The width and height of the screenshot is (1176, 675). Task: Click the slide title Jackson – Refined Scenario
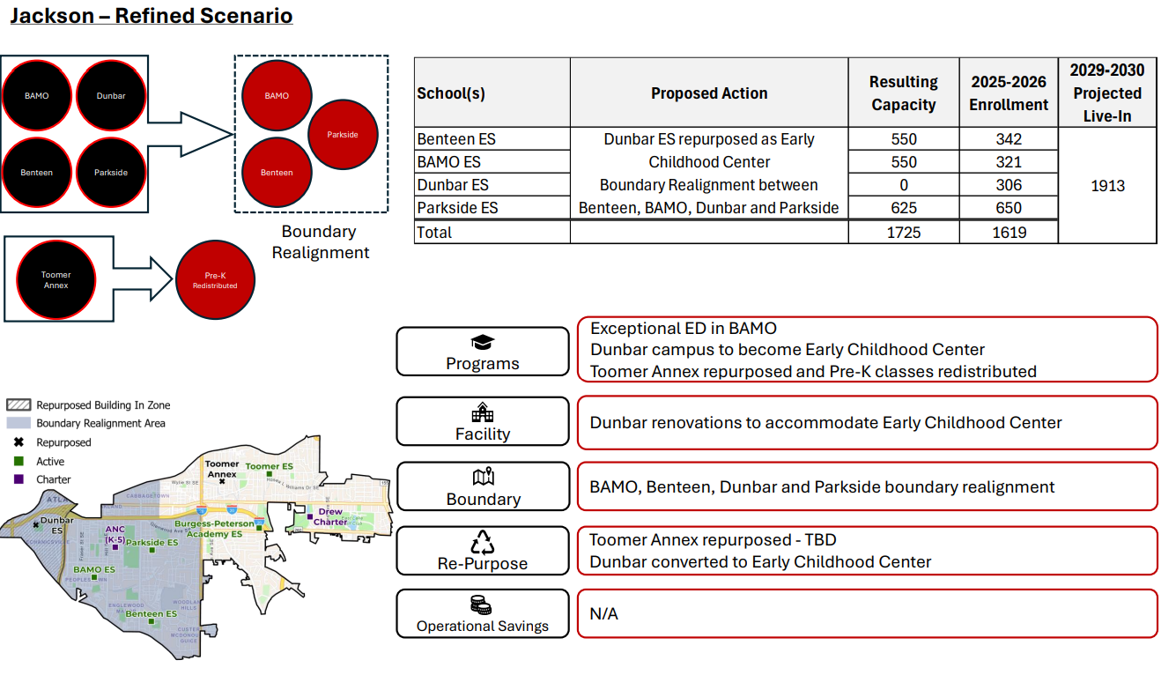[151, 16]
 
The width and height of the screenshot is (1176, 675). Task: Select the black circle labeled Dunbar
[112, 96]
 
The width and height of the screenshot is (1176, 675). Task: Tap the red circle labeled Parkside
[343, 135]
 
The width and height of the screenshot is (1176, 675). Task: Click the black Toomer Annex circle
[56, 279]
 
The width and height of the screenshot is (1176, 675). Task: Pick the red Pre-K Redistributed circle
[215, 280]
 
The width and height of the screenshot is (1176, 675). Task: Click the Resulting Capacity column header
[903, 93]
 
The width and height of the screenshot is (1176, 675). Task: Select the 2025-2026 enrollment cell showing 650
[1009, 208]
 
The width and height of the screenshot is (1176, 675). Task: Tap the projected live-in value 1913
[1107, 186]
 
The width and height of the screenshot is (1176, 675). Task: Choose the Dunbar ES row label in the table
[453, 185]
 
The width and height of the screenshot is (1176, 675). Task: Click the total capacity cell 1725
[903, 233]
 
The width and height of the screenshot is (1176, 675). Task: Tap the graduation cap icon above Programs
[483, 342]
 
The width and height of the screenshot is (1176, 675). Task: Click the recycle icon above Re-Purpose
[483, 541]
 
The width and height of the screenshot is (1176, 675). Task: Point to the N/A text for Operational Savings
[604, 613]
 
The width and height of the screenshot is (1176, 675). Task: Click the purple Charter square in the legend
[18, 479]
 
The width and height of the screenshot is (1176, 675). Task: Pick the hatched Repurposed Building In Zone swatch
[18, 405]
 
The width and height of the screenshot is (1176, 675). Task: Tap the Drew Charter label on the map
[330, 516]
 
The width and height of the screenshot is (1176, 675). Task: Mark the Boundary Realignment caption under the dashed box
[320, 242]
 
